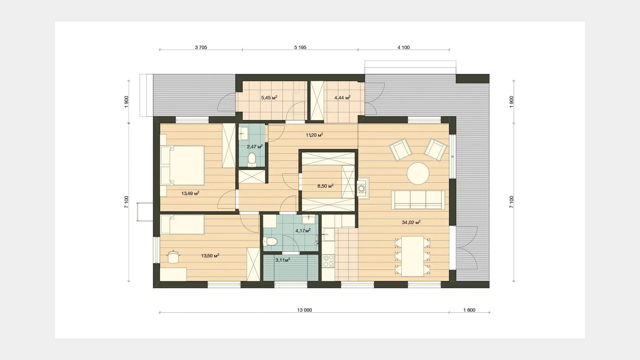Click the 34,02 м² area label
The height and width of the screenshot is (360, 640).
pos(411,222)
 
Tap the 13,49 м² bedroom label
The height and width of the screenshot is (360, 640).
pos(190,193)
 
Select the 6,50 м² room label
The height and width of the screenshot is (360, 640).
pos(325,186)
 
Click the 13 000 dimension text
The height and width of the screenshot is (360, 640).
pos(305,310)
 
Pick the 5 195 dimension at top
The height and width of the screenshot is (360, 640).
pos(300,47)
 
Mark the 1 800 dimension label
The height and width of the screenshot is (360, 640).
pos(469,310)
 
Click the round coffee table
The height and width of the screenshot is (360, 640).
pos(418,173)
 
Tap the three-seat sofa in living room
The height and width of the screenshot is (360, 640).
pos(418,200)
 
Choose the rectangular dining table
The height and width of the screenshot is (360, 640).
pos(412,256)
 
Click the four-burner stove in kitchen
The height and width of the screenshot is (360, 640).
pos(329,261)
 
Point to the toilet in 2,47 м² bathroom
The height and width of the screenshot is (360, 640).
pos(252,159)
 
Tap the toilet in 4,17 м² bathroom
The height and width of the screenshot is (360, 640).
pos(270,241)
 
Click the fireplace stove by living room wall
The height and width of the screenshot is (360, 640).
pos(363,188)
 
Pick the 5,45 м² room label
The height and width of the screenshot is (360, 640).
pos(269,98)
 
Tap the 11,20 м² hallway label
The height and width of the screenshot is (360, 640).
pos(314,135)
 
